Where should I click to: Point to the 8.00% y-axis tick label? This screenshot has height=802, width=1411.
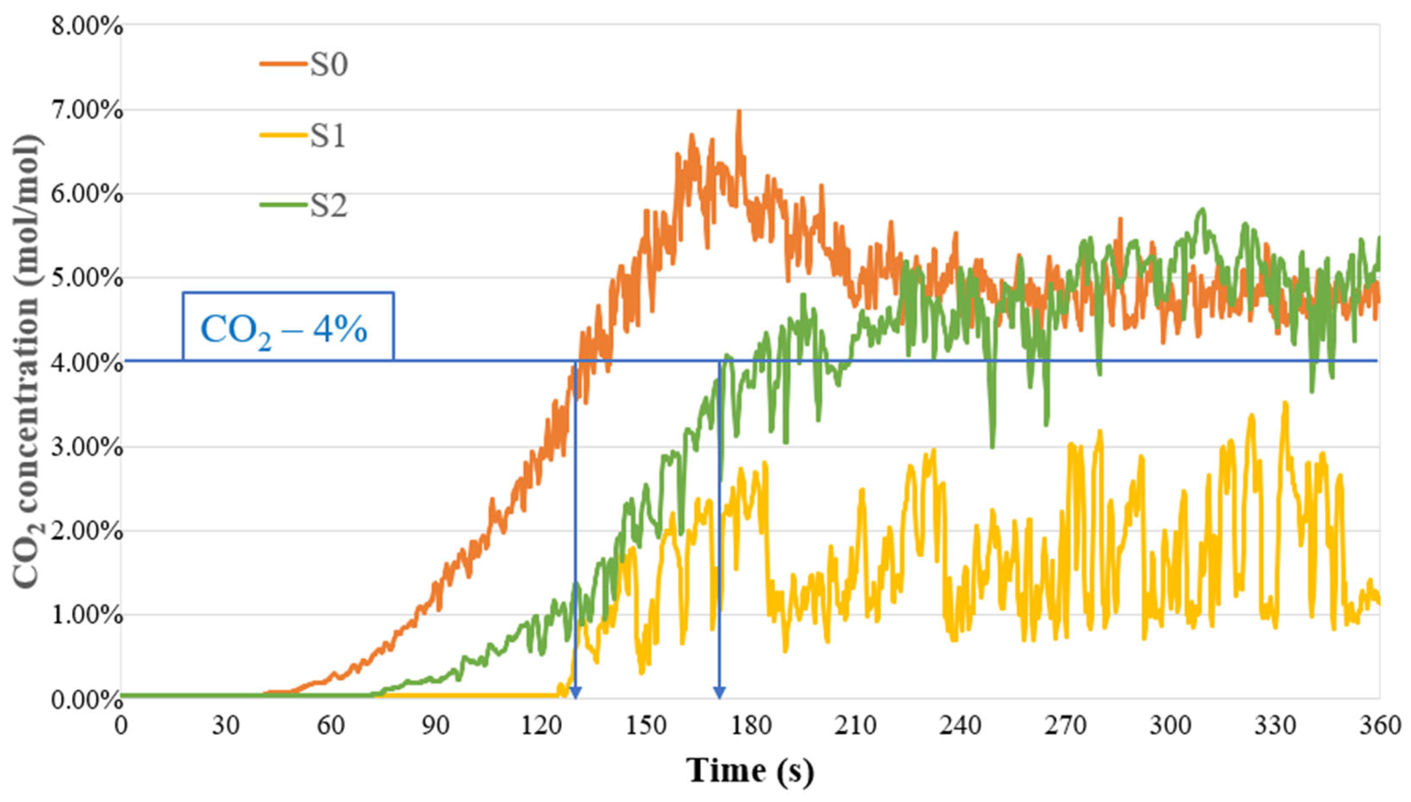pyautogui.click(x=87, y=26)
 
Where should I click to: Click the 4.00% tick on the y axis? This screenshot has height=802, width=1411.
pyautogui.click(x=87, y=362)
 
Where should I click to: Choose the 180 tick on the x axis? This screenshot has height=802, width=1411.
pyautogui.click(x=751, y=725)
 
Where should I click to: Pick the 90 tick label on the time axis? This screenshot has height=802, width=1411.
pyautogui.click(x=435, y=725)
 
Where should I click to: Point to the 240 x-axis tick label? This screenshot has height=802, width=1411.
pyautogui.click(x=961, y=725)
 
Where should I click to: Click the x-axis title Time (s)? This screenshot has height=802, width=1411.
pyautogui.click(x=750, y=770)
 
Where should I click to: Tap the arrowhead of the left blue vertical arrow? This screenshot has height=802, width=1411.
pyautogui.click(x=575, y=693)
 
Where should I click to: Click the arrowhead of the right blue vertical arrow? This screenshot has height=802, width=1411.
pyautogui.click(x=720, y=693)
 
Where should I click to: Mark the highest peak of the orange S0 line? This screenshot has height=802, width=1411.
pyautogui.click(x=740, y=111)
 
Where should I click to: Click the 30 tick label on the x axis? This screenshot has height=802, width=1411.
pyautogui.click(x=226, y=725)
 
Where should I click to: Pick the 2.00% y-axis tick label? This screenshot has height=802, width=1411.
pyautogui.click(x=87, y=532)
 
